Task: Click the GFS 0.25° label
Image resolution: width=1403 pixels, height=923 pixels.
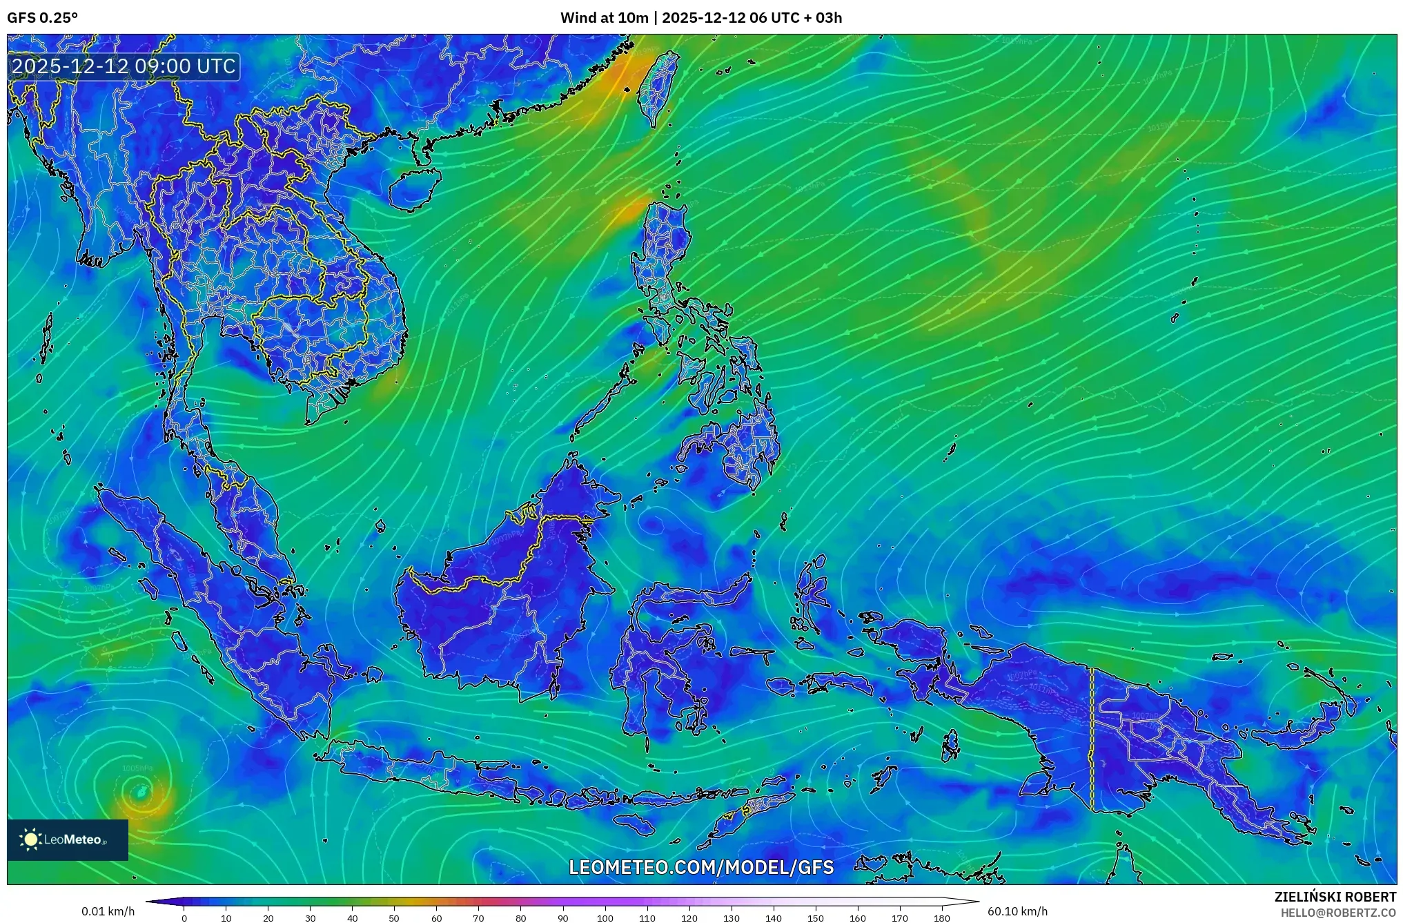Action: tap(42, 18)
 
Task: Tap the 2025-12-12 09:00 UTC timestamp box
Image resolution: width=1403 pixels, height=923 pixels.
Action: tap(124, 66)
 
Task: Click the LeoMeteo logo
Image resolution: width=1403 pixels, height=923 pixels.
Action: tap(68, 839)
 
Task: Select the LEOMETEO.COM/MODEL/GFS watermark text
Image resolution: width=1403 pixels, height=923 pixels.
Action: tap(701, 867)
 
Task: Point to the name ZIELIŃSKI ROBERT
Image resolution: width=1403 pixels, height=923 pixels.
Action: tap(1335, 897)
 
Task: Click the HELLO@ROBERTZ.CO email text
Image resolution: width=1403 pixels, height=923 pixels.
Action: tap(1338, 913)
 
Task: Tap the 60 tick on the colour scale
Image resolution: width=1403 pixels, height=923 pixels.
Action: tap(436, 918)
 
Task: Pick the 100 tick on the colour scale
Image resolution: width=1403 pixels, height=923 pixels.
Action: tap(605, 918)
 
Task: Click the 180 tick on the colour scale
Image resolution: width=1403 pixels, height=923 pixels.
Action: tap(942, 918)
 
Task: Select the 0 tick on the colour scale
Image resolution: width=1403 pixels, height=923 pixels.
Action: tap(184, 918)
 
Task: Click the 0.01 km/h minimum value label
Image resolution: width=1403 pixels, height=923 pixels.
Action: tap(108, 911)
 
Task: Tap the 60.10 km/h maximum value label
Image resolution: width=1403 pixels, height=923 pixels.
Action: tap(1017, 911)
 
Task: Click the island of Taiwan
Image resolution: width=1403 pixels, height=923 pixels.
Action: tap(657, 88)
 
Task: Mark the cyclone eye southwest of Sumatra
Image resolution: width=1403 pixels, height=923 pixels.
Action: tap(141, 792)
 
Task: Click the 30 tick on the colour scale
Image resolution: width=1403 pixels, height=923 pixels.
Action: tap(310, 918)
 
